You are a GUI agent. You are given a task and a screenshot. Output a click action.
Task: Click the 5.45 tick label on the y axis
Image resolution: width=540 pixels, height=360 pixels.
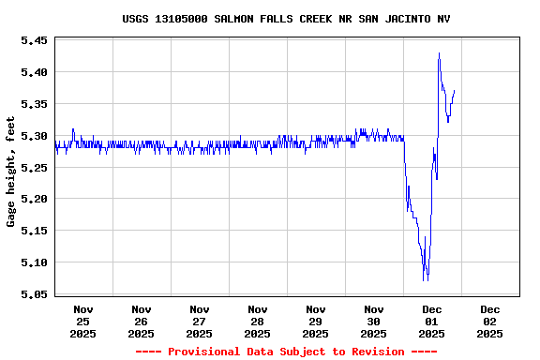point(34,40)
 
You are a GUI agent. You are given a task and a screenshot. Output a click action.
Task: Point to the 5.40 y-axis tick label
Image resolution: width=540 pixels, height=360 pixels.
point(34,72)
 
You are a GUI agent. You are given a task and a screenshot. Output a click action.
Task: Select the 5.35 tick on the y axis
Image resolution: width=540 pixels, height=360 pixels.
point(34,104)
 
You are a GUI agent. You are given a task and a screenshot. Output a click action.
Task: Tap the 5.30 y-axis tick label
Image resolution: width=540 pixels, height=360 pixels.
point(34,136)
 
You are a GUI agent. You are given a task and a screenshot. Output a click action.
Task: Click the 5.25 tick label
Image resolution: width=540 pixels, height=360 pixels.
point(34,168)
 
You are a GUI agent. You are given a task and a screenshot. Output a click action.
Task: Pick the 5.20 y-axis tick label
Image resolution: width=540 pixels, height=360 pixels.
point(34,199)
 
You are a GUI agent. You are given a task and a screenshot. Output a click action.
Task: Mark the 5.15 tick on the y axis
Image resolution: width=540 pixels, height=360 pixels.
point(34,231)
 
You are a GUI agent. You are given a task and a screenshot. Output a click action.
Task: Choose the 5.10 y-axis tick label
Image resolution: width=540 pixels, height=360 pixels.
point(34,262)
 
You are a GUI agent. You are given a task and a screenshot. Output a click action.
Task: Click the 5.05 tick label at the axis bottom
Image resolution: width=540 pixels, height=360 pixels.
point(34,294)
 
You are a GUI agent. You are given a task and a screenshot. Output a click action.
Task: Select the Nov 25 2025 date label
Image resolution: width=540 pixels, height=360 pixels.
point(83,321)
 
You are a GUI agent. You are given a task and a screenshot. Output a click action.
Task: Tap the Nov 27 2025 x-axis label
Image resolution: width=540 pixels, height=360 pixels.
point(200,321)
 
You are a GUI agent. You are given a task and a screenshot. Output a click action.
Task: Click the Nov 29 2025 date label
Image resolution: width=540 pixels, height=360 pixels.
point(316,321)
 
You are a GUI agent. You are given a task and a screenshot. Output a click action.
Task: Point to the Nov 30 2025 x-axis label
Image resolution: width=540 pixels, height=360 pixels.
point(374,321)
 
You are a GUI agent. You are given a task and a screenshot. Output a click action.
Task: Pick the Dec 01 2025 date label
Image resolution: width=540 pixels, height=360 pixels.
point(432,321)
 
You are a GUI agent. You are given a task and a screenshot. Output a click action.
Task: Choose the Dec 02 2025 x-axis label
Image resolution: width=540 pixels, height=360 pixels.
point(490,321)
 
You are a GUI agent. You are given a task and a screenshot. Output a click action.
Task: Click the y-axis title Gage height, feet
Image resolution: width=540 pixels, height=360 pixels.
point(11,172)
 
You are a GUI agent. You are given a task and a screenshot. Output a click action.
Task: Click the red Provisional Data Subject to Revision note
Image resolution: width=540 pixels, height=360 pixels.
point(286,352)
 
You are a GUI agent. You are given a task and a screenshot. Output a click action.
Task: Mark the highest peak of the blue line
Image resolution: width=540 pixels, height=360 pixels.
point(439,53)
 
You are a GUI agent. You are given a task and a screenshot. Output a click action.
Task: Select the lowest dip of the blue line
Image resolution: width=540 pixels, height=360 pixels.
point(426,279)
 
